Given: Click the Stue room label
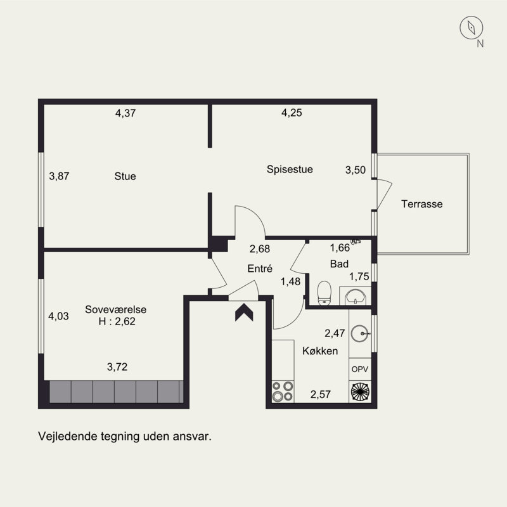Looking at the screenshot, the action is (125, 176).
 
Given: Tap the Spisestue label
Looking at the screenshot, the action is (290, 169).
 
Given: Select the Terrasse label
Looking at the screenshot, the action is (422, 204).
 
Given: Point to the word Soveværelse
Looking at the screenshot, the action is (116, 309).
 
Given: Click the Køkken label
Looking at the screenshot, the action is (320, 351).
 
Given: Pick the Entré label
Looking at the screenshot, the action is (260, 268).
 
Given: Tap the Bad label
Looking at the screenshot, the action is (339, 264).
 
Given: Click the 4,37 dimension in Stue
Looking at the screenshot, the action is (125, 113).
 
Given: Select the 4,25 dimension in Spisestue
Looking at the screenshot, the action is (292, 113).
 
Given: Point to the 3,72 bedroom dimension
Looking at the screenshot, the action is (117, 367).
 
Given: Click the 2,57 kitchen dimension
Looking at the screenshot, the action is (321, 394).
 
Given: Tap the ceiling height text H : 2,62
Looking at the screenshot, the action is (117, 321).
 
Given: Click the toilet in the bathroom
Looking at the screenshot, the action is (324, 293).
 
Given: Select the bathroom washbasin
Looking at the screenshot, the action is (355, 297).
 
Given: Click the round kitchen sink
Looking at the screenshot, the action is (360, 333).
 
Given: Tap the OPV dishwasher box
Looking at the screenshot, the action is (360, 369).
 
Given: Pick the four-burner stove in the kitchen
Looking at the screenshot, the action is (283, 392).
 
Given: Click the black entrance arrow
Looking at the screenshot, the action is (244, 312).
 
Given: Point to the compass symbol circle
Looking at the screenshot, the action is (472, 28).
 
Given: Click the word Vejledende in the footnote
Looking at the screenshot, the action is (68, 437).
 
